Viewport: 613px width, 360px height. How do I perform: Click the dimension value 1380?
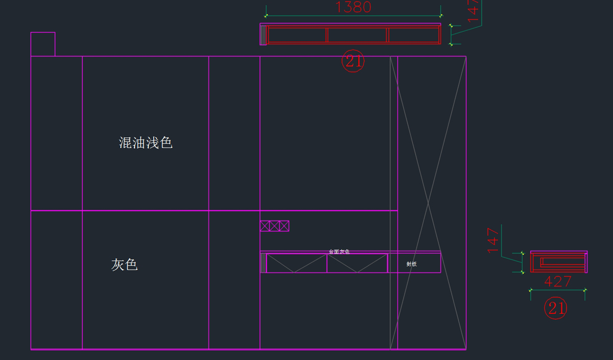coord(353,7)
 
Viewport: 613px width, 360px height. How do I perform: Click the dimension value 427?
coord(558,282)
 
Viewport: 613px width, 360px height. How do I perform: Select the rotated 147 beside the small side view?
coord(493,240)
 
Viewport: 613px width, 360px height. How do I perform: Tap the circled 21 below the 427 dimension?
coord(555,308)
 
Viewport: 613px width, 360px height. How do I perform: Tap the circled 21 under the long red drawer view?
coord(353,61)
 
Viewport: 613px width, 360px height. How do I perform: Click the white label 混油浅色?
coord(146,143)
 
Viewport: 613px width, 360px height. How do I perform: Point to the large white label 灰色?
coord(125,265)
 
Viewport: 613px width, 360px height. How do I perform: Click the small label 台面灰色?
coord(339,252)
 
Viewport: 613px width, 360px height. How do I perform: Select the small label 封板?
coord(412,264)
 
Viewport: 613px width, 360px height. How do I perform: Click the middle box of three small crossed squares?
coord(274,226)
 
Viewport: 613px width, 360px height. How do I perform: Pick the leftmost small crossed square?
coord(265,226)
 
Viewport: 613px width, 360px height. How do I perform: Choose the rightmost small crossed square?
coord(284,226)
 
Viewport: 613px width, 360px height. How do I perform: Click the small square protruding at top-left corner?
coord(43,44)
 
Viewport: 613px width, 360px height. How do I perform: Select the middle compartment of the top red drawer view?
coord(357,35)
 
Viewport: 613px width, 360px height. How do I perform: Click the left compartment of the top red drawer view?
coord(297,35)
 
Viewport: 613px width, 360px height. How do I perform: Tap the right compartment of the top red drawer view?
coord(414,35)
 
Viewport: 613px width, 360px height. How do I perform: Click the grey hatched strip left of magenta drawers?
coord(263,263)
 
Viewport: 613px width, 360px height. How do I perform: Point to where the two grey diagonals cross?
coord(428,203)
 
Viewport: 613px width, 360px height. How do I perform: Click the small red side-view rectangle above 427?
coord(558,262)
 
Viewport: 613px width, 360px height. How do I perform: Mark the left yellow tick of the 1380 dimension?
coord(266,16)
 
